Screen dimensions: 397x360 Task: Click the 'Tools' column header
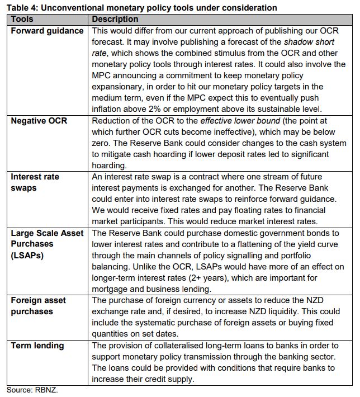(23, 19)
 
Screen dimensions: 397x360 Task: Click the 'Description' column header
(115, 19)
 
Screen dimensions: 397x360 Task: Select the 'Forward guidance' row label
(47, 31)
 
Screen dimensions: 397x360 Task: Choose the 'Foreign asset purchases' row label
(39, 306)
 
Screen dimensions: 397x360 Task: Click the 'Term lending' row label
(37, 346)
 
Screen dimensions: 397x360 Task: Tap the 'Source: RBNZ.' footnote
(32, 390)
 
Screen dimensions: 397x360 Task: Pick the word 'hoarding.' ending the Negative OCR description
(111, 166)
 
